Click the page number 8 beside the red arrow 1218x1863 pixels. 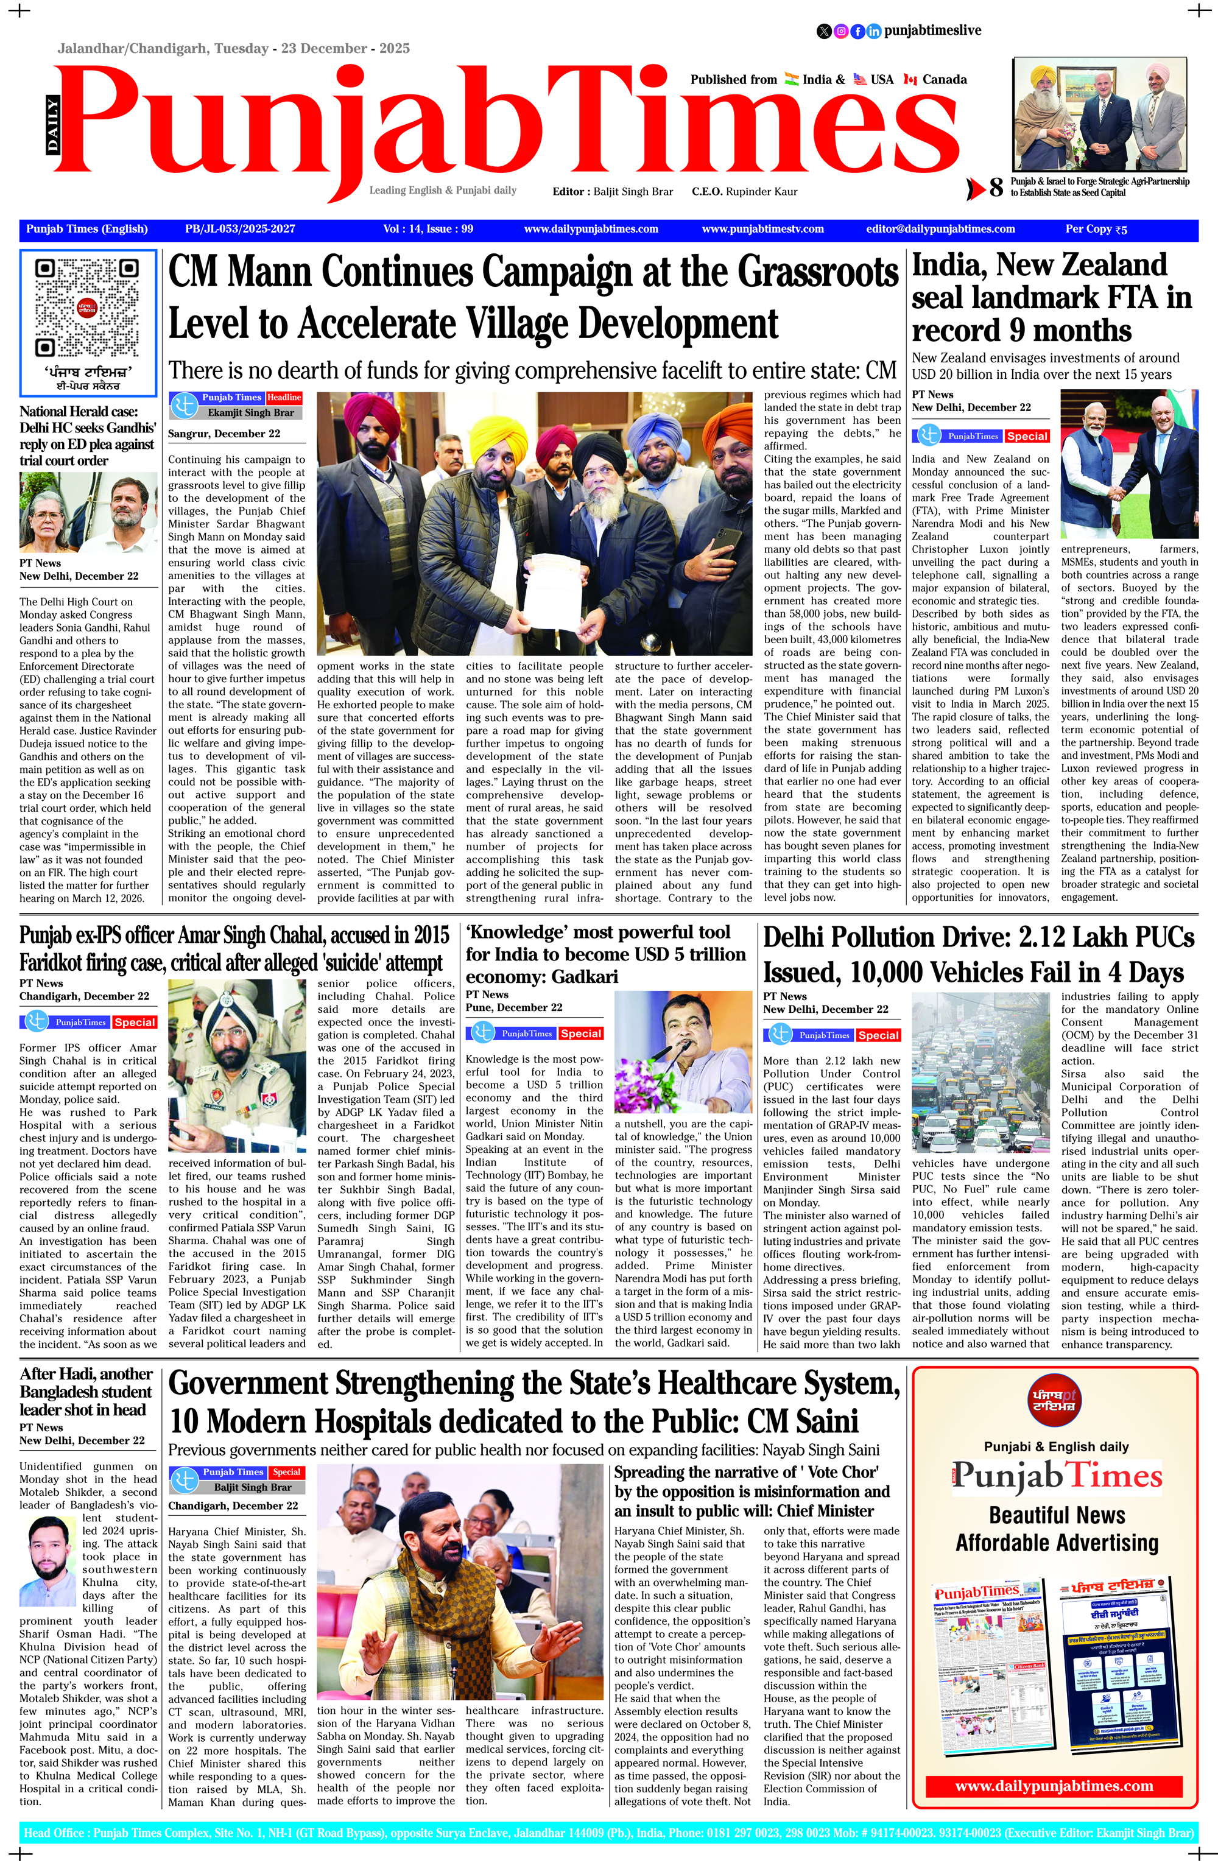pyautogui.click(x=996, y=188)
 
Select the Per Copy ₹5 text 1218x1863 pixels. pyautogui.click(x=1096, y=230)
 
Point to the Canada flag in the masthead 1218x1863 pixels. pyautogui.click(x=910, y=79)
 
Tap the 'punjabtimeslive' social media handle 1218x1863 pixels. pyautogui.click(x=932, y=30)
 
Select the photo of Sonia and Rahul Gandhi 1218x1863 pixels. pyautogui.click(x=88, y=513)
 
